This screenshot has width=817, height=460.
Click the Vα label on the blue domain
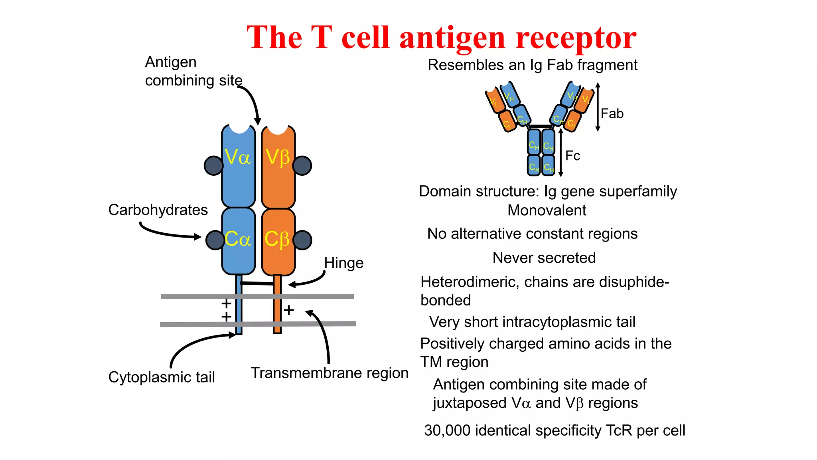[x=237, y=157]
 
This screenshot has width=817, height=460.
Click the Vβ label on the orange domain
[x=278, y=157]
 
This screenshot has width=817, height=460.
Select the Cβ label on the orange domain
[x=277, y=239]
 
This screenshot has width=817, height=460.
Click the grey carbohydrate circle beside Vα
[x=213, y=166]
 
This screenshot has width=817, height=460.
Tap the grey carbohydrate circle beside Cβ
[x=302, y=240]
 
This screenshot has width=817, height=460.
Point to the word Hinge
[x=343, y=263]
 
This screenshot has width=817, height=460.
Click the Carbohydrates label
[x=158, y=210]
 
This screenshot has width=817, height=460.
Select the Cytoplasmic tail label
[x=162, y=377]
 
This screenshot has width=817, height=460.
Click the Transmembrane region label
[x=330, y=373]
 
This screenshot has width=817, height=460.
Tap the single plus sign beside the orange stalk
[x=289, y=310]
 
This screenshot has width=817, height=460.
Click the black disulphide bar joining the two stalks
[x=257, y=284]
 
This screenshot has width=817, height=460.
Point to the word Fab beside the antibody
[x=612, y=114]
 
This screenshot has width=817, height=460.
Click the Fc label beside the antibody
[x=572, y=156]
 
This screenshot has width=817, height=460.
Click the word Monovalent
[x=547, y=210]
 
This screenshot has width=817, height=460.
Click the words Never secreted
[x=544, y=258]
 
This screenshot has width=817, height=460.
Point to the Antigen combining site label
[x=193, y=71]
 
